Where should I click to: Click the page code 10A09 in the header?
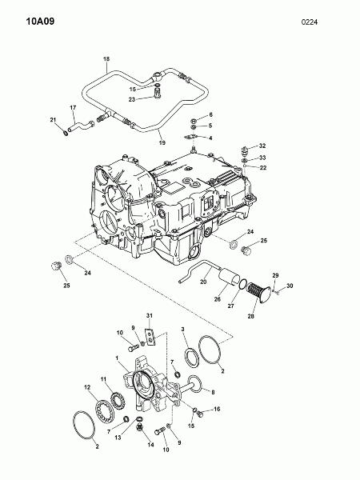[40, 21]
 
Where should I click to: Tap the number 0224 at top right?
[309, 22]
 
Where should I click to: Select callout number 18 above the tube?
[106, 58]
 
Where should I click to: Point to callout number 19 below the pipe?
[162, 142]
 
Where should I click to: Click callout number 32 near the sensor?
[262, 146]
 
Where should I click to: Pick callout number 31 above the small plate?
[149, 316]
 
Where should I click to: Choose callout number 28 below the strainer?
[250, 316]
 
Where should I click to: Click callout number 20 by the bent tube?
[203, 282]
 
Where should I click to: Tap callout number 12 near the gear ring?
[87, 387]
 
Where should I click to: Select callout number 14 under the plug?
[150, 445]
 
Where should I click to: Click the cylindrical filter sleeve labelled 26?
[230, 277]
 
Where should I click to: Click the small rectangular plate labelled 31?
[150, 337]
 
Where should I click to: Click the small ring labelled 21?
[66, 133]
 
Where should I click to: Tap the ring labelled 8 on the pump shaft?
[201, 385]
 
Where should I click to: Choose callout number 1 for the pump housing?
[117, 358]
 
